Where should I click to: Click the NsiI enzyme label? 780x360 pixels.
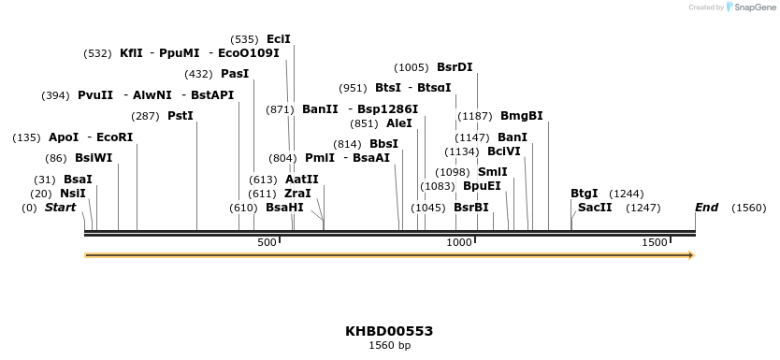click(72, 194)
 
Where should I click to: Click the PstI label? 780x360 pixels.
click(181, 116)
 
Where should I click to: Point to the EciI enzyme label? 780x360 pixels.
click(279, 39)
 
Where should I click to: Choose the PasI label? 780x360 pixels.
click(235, 74)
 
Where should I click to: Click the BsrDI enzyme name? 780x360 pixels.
click(455, 67)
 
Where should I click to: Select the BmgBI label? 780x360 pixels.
click(521, 116)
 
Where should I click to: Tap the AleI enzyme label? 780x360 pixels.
click(398, 123)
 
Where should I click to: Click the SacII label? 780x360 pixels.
click(595, 208)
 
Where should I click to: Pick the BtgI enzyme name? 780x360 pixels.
click(584, 194)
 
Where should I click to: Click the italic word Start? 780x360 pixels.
click(60, 208)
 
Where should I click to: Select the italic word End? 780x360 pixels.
click(706, 208)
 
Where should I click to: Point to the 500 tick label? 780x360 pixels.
click(267, 243)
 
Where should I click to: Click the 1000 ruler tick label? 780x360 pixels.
click(458, 243)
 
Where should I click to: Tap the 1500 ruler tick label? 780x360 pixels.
click(654, 243)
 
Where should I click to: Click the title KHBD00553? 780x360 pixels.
click(389, 331)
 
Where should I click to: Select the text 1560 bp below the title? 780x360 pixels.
click(389, 346)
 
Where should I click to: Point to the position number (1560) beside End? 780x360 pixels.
click(748, 208)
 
